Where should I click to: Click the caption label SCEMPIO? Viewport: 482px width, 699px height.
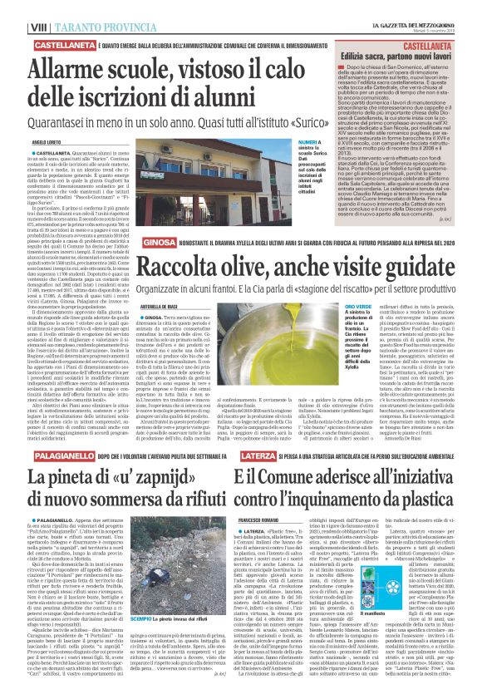tap(163, 642)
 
